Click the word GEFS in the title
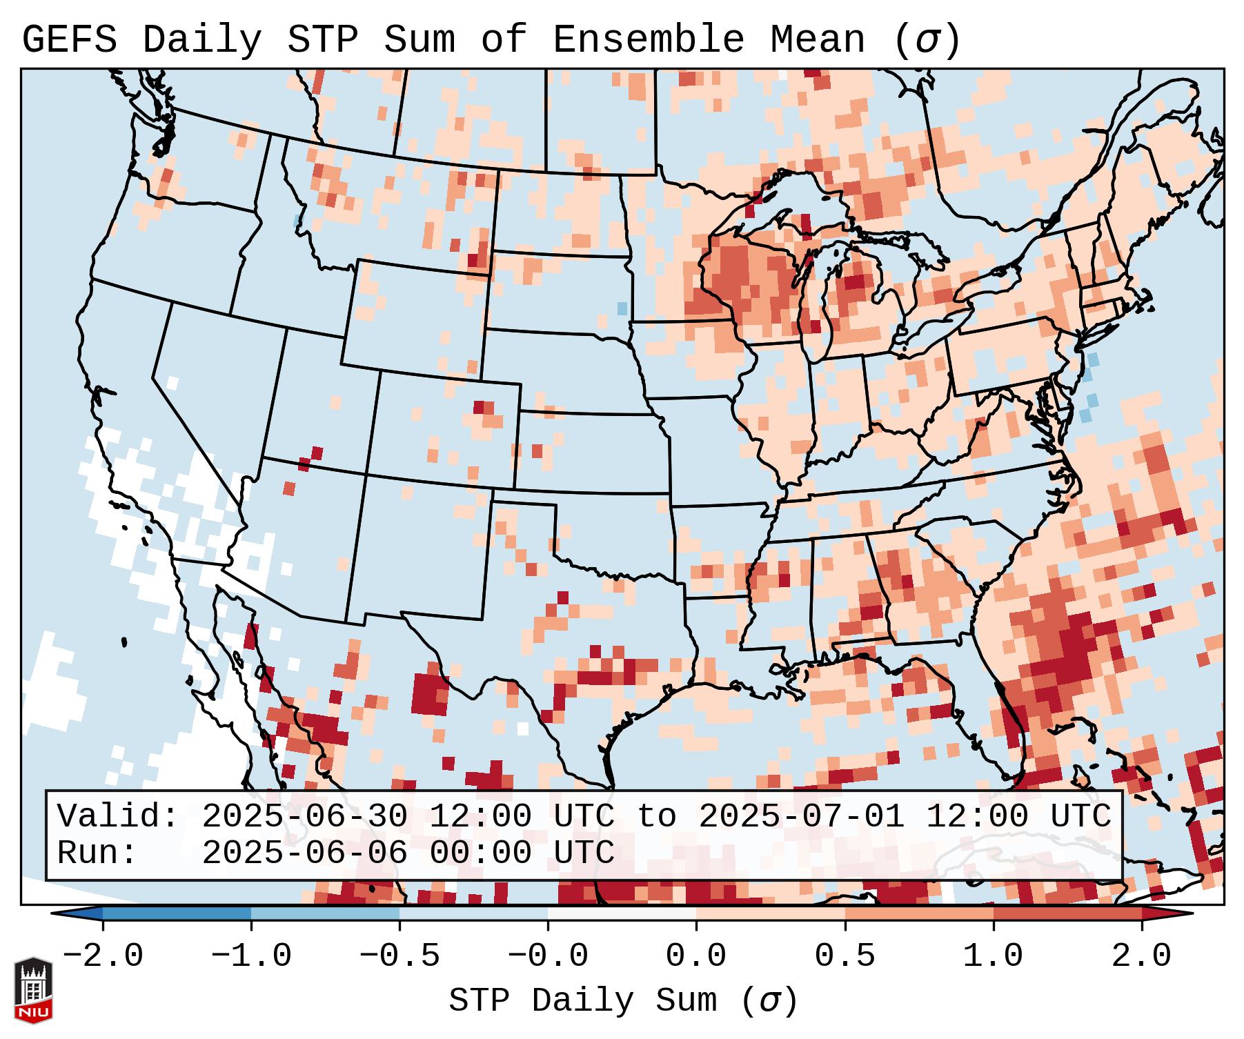click(70, 40)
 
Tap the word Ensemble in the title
click(648, 40)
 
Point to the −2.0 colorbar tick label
click(103, 956)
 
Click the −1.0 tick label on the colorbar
click(251, 956)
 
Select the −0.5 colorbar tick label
click(399, 956)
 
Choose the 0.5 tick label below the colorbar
click(845, 956)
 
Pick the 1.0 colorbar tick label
click(994, 956)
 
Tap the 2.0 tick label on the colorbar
click(1142, 956)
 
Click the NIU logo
click(33, 989)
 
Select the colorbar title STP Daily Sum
click(583, 1001)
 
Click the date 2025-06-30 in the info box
click(306, 817)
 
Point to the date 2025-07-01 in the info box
click(802, 817)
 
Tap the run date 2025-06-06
click(306, 853)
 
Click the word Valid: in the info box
click(118, 817)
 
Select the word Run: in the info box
click(97, 853)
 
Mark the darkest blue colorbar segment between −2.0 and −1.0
click(177, 914)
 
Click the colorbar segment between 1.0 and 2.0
click(1067, 914)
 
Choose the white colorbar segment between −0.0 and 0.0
click(622, 914)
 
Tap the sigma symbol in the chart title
click(927, 41)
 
